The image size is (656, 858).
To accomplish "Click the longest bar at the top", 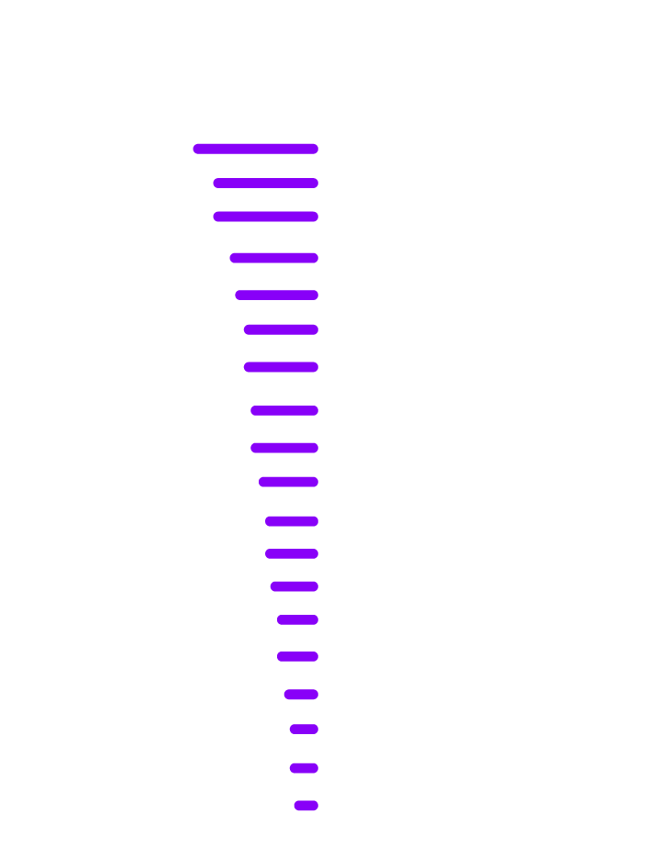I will click(x=255, y=149).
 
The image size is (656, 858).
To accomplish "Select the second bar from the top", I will click(x=265, y=183).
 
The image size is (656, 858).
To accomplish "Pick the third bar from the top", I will click(x=265, y=217).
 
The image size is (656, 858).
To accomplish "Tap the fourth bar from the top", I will click(x=273, y=258).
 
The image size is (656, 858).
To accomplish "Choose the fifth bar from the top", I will click(x=276, y=295).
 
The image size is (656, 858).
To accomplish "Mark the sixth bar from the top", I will click(x=281, y=329).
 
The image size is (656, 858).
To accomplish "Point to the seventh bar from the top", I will click(x=281, y=367).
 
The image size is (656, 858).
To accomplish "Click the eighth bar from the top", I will click(x=284, y=410).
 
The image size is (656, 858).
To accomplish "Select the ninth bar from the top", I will click(x=284, y=448).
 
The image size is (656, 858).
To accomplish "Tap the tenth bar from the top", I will click(x=288, y=482).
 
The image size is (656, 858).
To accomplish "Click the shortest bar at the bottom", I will click(x=306, y=806).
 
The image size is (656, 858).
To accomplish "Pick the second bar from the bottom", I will click(x=304, y=768).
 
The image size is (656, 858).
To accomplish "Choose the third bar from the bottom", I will click(x=304, y=730).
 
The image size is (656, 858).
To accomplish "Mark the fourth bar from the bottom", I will click(x=301, y=695).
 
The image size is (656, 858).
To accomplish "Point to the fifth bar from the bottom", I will click(x=297, y=657).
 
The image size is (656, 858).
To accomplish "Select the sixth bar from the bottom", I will click(x=297, y=620).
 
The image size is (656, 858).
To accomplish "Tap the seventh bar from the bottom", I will click(x=294, y=586).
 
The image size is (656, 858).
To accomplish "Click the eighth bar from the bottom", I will click(x=292, y=554).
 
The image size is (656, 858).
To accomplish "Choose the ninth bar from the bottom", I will click(x=292, y=521).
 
